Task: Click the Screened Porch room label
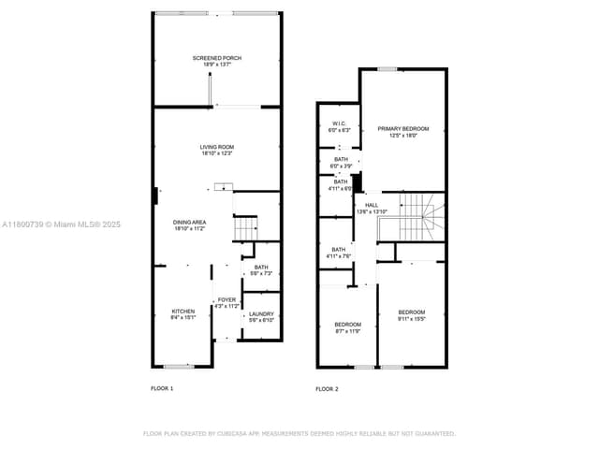[x=217, y=62]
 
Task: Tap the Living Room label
[x=217, y=151]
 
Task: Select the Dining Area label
[x=190, y=225]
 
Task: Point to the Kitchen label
[x=183, y=314]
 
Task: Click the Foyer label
[x=227, y=302]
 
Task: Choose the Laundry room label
[x=261, y=317]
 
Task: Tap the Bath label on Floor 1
[x=261, y=270]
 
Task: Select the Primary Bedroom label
[x=403, y=132]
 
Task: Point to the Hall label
[x=372, y=209]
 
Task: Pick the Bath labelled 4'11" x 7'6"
[x=338, y=253]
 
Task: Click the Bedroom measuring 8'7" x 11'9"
[x=347, y=327]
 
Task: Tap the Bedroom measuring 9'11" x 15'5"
[x=412, y=315]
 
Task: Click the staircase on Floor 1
[x=244, y=227]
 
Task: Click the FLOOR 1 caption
[x=162, y=388]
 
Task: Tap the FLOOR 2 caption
[x=326, y=388]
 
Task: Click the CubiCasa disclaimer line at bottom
[x=299, y=434]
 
